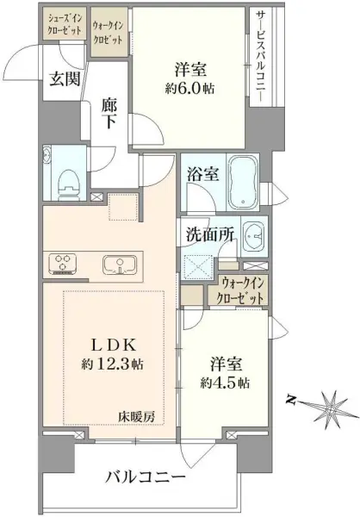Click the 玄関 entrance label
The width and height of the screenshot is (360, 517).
[65, 79]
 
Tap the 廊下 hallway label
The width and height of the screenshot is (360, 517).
[109, 114]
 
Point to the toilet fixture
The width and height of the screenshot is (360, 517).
[69, 184]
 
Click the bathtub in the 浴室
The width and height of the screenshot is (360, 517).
[243, 183]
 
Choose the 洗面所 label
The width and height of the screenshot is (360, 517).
[210, 234]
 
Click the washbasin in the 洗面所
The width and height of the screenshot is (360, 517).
[254, 236]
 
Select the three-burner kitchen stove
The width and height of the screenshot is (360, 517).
[63, 264]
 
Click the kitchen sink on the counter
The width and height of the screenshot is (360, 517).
[120, 265]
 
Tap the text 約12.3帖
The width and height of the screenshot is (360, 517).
[113, 364]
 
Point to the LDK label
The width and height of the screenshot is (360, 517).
[113, 346]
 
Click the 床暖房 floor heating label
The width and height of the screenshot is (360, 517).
[137, 417]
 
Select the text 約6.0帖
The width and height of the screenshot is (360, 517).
[189, 89]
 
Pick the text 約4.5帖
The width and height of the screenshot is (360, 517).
[225, 383]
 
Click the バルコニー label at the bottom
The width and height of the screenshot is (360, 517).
[146, 477]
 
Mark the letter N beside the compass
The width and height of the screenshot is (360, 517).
[290, 400]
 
